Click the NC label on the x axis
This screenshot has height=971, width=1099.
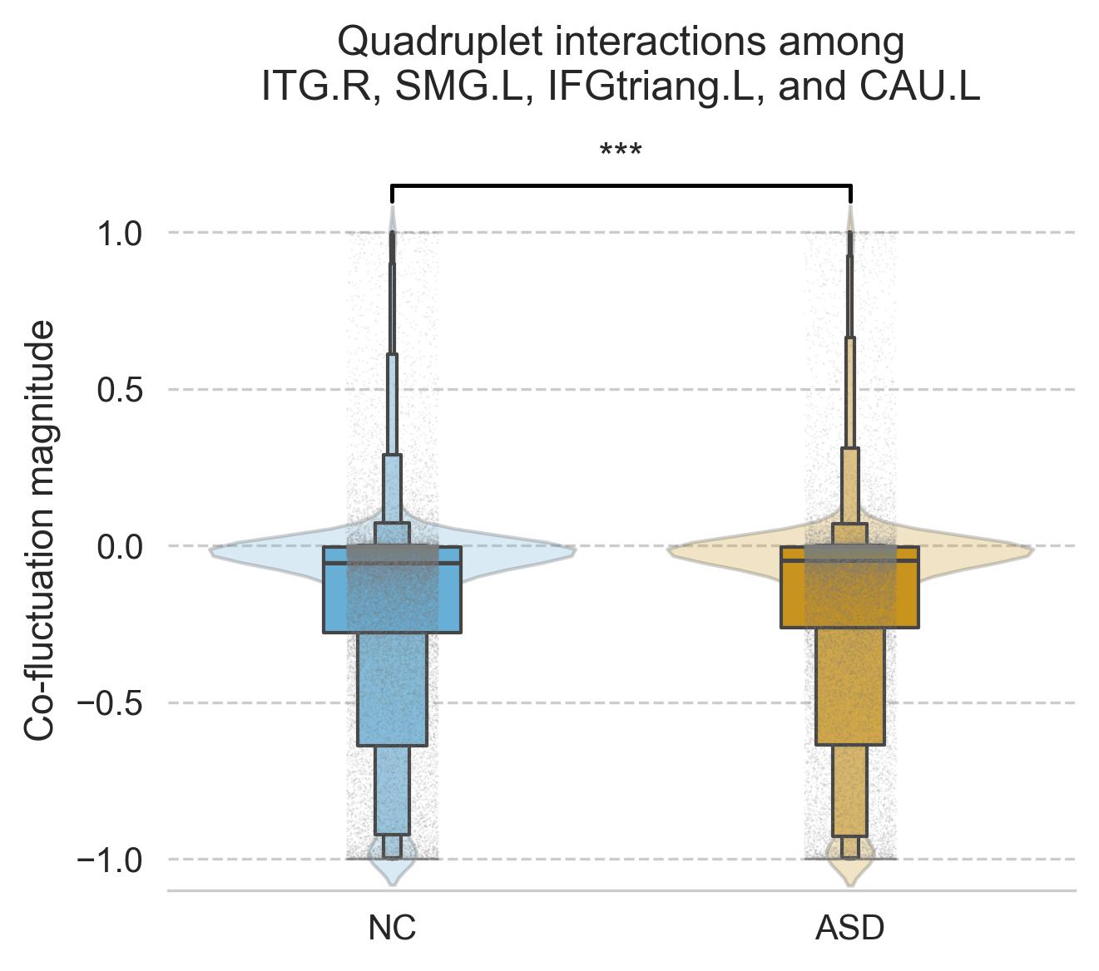(x=392, y=928)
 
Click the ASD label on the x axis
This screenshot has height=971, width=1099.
(x=849, y=928)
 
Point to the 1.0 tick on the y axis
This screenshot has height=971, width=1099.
(x=121, y=233)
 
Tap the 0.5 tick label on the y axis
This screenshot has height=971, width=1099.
(x=121, y=389)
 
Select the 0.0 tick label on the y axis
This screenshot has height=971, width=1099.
(x=121, y=546)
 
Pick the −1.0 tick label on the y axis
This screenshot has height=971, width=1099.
(x=111, y=859)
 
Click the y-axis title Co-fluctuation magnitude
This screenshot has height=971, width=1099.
(x=39, y=530)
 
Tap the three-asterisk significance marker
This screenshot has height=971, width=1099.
(x=621, y=153)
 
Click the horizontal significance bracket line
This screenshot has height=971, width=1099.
(x=621, y=185)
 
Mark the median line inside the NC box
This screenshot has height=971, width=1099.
(x=392, y=563)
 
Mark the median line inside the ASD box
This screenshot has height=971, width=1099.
(x=849, y=561)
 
